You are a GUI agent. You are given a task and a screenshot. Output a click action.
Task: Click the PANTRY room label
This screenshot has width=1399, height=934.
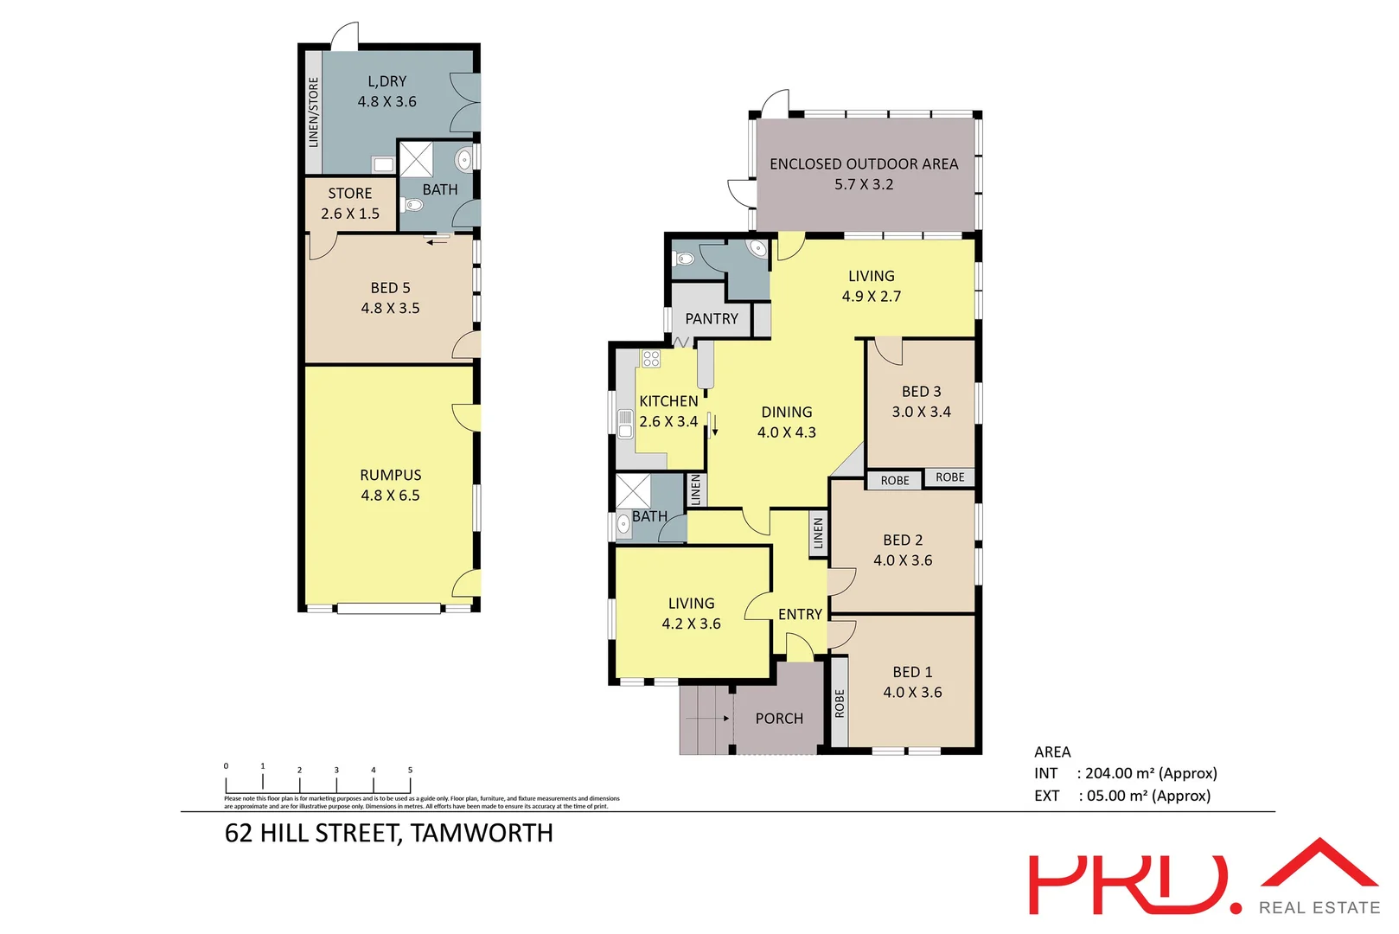[712, 319]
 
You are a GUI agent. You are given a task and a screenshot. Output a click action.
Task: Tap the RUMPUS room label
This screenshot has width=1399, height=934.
[391, 475]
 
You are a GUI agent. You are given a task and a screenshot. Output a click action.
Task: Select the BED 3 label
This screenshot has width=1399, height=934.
[921, 392]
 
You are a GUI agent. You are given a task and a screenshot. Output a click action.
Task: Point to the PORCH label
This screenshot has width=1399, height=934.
[779, 719]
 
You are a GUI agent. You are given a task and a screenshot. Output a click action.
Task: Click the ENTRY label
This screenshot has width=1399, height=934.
[800, 614]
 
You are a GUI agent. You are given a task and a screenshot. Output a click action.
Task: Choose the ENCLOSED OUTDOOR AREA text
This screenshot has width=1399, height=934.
[864, 163]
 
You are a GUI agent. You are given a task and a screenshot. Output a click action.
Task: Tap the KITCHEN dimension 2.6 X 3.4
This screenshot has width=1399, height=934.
[668, 422]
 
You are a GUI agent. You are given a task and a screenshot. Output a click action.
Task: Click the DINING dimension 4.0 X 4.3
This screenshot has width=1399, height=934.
[786, 432]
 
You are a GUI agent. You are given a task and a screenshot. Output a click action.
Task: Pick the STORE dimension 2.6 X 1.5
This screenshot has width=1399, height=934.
[350, 214]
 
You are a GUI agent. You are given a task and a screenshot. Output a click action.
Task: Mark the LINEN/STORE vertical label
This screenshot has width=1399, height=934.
[314, 112]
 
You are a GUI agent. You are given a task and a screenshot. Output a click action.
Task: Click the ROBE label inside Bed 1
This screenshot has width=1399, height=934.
[840, 703]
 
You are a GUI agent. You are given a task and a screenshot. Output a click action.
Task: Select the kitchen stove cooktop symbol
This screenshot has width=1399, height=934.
[651, 359]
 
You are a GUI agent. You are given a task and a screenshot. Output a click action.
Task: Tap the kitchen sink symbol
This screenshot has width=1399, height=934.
[625, 423]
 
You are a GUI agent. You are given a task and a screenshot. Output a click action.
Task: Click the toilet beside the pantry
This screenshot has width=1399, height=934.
[686, 259]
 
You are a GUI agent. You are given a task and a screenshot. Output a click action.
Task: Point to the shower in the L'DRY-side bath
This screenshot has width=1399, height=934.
[416, 159]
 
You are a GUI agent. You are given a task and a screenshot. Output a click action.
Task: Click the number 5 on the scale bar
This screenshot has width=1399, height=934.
[410, 770]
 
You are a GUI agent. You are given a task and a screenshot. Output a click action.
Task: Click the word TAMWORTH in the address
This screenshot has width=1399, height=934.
[482, 833]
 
